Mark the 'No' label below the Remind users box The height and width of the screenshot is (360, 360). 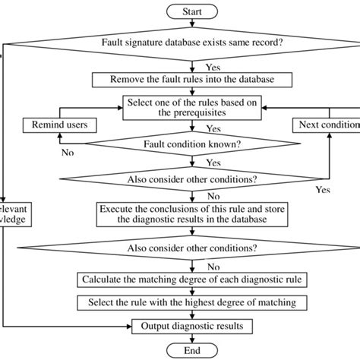pyautogui.click(x=68, y=152)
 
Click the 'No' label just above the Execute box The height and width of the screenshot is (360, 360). pyautogui.click(x=203, y=197)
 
